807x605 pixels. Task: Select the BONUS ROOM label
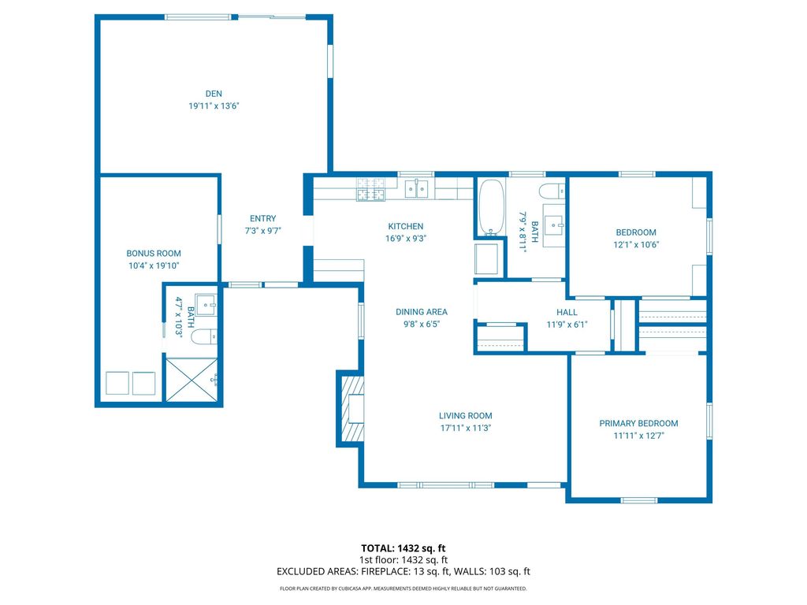(x=154, y=254)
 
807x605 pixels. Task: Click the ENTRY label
(x=263, y=219)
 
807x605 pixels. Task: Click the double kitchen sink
(x=417, y=188)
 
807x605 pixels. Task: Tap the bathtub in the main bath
(x=491, y=208)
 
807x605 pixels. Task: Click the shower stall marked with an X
(x=190, y=379)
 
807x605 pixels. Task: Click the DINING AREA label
(x=422, y=312)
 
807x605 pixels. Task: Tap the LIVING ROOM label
(x=466, y=416)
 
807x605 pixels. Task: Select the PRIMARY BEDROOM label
(x=638, y=423)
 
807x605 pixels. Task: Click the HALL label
(x=567, y=313)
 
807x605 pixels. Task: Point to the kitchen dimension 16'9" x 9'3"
(x=406, y=238)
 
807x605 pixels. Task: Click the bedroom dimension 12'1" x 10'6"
(x=636, y=244)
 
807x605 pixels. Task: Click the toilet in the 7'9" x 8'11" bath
(x=551, y=190)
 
